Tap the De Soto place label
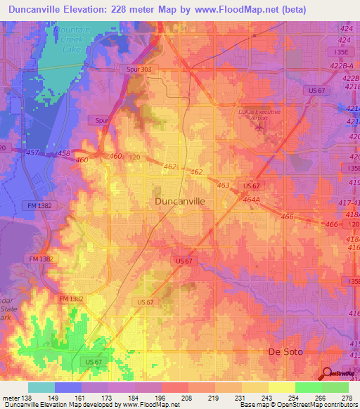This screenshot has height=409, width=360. tap(288, 351)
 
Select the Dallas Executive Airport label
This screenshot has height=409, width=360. tap(259, 115)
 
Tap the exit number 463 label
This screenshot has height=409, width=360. tap(224, 185)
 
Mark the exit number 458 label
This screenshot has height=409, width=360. tap(64, 152)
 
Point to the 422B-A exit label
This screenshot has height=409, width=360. tap(346, 64)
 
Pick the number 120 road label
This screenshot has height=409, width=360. tap(134, 157)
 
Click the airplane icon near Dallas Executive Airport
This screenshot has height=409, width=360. tap(264, 127)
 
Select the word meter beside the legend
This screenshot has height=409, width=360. tap(11, 398)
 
